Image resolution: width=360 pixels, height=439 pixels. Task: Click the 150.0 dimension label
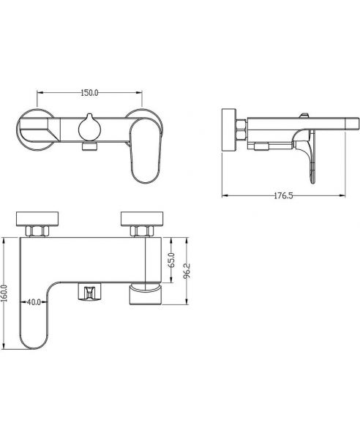click(89, 93)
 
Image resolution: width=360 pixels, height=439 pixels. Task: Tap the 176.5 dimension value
click(283, 195)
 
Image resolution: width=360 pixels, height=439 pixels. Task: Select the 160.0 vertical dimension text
click(4, 293)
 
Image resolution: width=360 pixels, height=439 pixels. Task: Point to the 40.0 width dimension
click(34, 302)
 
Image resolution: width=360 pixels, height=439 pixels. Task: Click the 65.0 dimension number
click(172, 260)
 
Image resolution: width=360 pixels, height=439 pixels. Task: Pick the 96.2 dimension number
click(187, 270)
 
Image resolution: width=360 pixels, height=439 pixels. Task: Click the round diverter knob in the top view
click(89, 128)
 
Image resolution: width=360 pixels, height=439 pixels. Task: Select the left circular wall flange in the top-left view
click(36, 130)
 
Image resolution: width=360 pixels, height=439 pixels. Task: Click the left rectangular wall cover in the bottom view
click(37, 218)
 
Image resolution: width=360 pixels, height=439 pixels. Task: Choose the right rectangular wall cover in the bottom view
click(142, 218)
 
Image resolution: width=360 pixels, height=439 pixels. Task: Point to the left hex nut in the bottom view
click(37, 231)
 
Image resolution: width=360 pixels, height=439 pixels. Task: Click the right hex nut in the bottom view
click(142, 231)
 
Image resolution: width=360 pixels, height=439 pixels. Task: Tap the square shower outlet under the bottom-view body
click(89, 291)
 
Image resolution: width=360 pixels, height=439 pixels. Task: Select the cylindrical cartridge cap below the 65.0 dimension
click(146, 293)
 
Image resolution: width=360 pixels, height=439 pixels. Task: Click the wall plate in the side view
click(229, 130)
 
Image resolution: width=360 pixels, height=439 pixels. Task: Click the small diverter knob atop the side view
click(304, 116)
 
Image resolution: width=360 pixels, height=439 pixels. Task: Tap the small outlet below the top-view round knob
click(89, 146)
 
